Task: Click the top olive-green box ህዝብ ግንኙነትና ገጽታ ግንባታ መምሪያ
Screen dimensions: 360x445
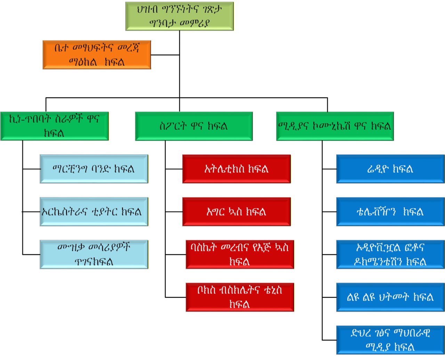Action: click(179, 16)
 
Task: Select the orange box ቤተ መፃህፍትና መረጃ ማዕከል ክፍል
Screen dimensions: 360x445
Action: click(97, 55)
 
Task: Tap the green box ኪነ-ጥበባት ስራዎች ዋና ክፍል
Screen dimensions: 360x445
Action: click(55, 126)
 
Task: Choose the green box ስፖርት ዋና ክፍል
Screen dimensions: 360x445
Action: click(194, 126)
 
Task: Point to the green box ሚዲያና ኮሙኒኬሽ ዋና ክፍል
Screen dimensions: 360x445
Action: click(335, 126)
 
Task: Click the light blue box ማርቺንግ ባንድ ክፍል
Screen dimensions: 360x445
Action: click(94, 169)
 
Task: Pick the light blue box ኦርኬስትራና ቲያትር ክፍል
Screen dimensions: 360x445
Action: click(94, 212)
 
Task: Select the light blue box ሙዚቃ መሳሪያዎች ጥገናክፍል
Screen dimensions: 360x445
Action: click(94, 254)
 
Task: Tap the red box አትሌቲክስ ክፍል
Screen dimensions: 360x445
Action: click(236, 169)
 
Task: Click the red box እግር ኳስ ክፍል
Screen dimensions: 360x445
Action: click(236, 212)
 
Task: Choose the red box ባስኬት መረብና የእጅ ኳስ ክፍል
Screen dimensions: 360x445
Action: click(240, 254)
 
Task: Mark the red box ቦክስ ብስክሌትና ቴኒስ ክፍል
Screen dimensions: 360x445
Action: click(240, 297)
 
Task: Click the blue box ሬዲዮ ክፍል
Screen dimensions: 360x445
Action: click(390, 169)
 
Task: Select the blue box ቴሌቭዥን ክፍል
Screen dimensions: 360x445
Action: click(390, 212)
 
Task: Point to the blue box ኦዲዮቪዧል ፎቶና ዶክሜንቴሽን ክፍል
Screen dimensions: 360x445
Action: click(390, 254)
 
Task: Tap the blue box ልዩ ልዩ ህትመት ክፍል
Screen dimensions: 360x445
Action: click(390, 297)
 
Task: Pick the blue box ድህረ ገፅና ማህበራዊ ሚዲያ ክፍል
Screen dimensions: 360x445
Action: click(390, 340)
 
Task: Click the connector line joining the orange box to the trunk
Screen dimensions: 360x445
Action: click(165, 55)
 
